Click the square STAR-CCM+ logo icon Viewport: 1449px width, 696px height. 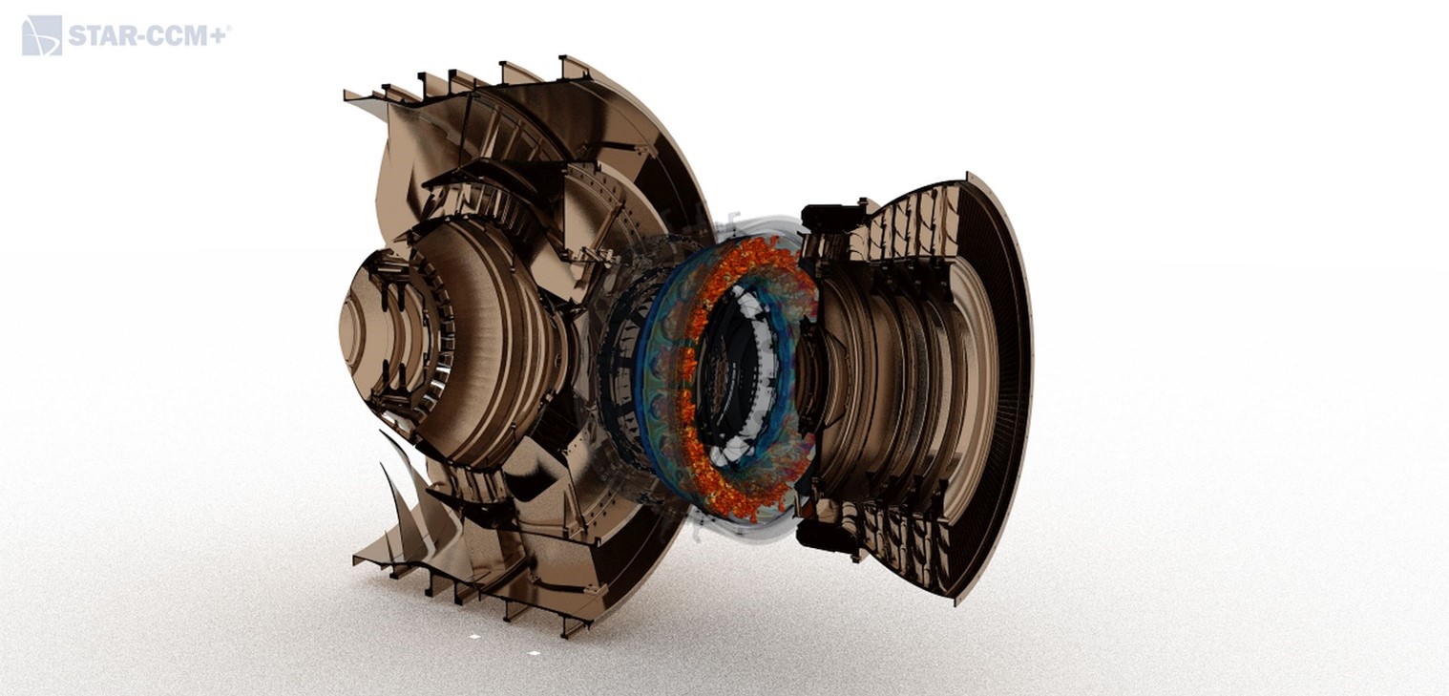[42, 35]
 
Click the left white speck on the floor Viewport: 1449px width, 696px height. [474, 637]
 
